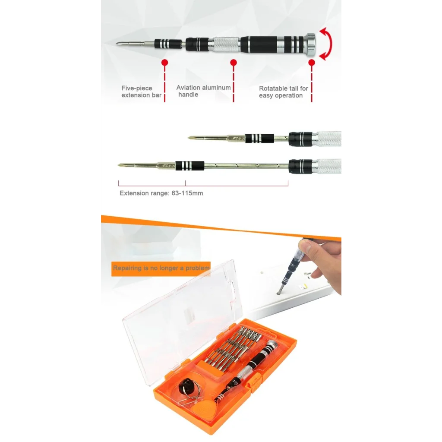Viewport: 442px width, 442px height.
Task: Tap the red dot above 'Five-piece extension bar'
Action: pos(164,63)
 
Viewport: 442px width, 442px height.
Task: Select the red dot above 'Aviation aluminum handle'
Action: pos(234,63)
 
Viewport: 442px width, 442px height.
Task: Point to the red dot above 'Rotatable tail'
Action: pos(312,63)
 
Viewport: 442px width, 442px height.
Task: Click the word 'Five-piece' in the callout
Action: pos(136,88)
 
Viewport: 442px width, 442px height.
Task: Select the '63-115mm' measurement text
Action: pos(186,193)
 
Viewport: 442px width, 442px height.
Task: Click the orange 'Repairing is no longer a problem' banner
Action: pos(161,268)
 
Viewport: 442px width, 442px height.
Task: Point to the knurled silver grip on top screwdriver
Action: pos(226,44)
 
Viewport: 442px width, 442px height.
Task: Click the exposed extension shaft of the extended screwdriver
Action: pos(246,166)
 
